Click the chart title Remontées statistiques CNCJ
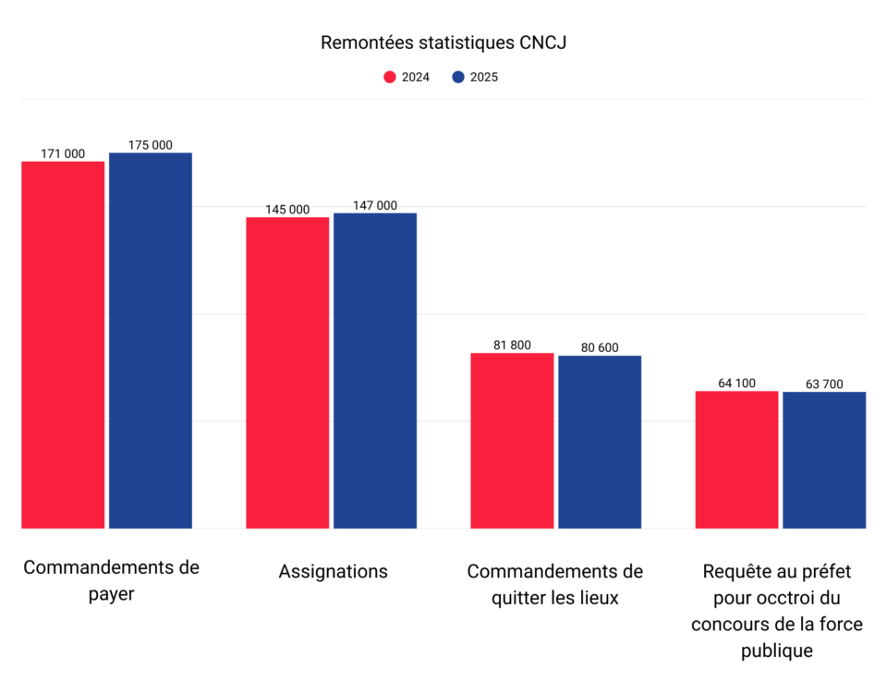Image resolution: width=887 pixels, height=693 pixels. click(x=443, y=43)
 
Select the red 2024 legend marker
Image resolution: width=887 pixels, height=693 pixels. click(x=390, y=78)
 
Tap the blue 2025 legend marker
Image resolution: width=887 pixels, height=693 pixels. click(x=458, y=78)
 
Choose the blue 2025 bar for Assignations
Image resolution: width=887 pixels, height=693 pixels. click(x=375, y=371)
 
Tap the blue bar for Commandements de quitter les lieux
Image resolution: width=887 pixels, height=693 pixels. click(x=600, y=442)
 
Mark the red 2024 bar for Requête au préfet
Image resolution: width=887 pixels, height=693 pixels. click(x=736, y=459)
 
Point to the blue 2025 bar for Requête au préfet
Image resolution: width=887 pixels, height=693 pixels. click(x=824, y=460)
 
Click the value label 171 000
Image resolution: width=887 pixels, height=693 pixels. click(x=63, y=153)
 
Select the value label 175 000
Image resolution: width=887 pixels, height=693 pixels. click(x=150, y=145)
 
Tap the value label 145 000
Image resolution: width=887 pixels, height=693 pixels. click(x=287, y=210)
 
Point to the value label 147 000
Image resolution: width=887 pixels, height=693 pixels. click(x=375, y=205)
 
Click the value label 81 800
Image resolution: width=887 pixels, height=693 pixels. click(x=512, y=345)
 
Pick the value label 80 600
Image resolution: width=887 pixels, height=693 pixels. click(x=600, y=347)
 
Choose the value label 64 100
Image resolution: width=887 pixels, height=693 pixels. click(x=736, y=383)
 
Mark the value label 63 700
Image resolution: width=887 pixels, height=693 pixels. click(x=824, y=383)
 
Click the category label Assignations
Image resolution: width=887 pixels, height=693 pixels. click(x=333, y=571)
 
